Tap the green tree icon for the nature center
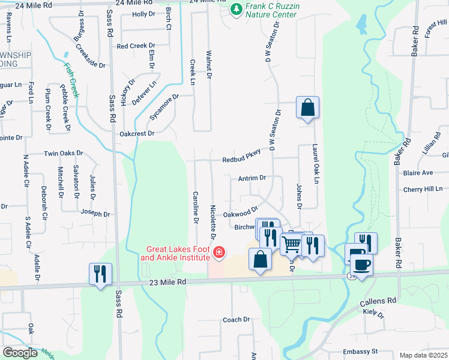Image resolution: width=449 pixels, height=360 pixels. (236, 9)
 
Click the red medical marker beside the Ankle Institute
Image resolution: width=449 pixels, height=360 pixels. (219, 253)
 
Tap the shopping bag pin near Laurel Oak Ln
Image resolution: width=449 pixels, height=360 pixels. (307, 109)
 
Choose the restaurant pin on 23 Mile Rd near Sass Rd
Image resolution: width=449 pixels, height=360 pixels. (100, 273)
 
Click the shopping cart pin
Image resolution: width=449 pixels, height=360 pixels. (291, 244)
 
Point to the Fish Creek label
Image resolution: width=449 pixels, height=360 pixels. (71, 81)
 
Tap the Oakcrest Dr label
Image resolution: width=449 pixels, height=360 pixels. (137, 134)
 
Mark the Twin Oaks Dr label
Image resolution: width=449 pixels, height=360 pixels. (63, 154)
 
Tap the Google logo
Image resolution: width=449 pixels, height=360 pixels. (20, 352)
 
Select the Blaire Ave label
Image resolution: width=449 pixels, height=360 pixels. (418, 173)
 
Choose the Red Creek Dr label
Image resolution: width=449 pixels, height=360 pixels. (136, 46)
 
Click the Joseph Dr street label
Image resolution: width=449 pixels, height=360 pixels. (95, 214)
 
